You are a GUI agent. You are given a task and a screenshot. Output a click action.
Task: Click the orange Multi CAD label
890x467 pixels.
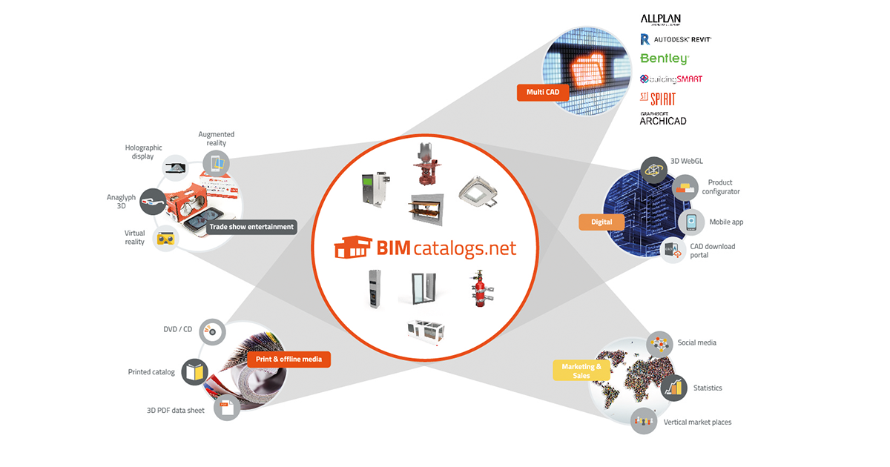pos(543,93)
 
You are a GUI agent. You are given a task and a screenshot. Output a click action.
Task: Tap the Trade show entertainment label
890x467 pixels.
pos(251,227)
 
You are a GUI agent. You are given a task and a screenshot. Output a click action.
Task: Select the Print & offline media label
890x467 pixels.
pos(289,360)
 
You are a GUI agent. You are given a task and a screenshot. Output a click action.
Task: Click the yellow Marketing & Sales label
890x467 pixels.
pos(581,371)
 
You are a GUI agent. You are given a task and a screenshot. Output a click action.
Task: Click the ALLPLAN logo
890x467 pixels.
pos(660,19)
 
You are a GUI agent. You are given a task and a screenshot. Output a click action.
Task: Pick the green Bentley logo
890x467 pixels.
pos(665,58)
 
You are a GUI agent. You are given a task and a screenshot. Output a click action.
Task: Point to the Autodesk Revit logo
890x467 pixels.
pos(676,39)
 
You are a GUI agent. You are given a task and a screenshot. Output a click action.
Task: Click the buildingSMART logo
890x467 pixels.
pos(671,79)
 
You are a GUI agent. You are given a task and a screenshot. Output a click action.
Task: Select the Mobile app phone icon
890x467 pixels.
pos(691,222)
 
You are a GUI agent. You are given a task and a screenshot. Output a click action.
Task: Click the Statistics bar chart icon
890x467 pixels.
pos(673,388)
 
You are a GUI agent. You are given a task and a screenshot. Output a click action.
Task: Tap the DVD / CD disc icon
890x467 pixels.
pos(211,332)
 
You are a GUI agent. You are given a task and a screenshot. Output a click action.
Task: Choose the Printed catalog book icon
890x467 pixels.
pos(195,371)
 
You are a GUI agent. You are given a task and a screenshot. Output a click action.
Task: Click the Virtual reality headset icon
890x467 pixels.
pos(166,239)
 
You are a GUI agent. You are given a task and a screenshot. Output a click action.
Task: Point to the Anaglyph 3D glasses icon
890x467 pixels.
pos(151,199)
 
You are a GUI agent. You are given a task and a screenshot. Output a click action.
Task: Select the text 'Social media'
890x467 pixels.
pos(696,342)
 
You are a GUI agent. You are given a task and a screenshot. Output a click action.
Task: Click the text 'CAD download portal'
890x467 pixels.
pos(712,251)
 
